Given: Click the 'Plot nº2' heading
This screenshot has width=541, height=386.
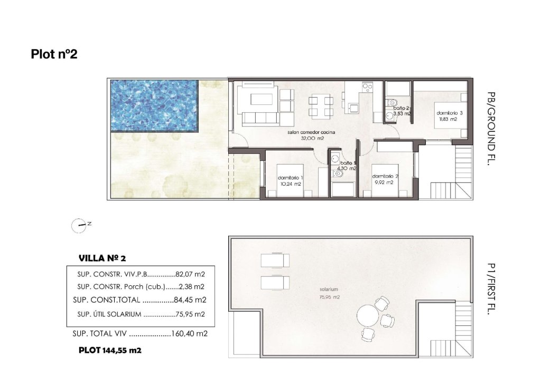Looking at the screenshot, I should pos(54,54).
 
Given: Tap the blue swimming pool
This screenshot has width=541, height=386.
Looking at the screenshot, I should pos(154,105).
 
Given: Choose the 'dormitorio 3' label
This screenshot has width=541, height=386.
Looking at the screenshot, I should pos(450,113).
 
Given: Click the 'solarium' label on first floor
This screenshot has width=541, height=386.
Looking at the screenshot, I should pos(328,290).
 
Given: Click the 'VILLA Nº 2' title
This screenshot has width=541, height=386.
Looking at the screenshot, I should pos(101,258).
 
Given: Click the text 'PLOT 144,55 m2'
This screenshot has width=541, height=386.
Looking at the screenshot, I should pos(110,350).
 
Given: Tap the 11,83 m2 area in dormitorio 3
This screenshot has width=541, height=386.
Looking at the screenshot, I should pos(447,119).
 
